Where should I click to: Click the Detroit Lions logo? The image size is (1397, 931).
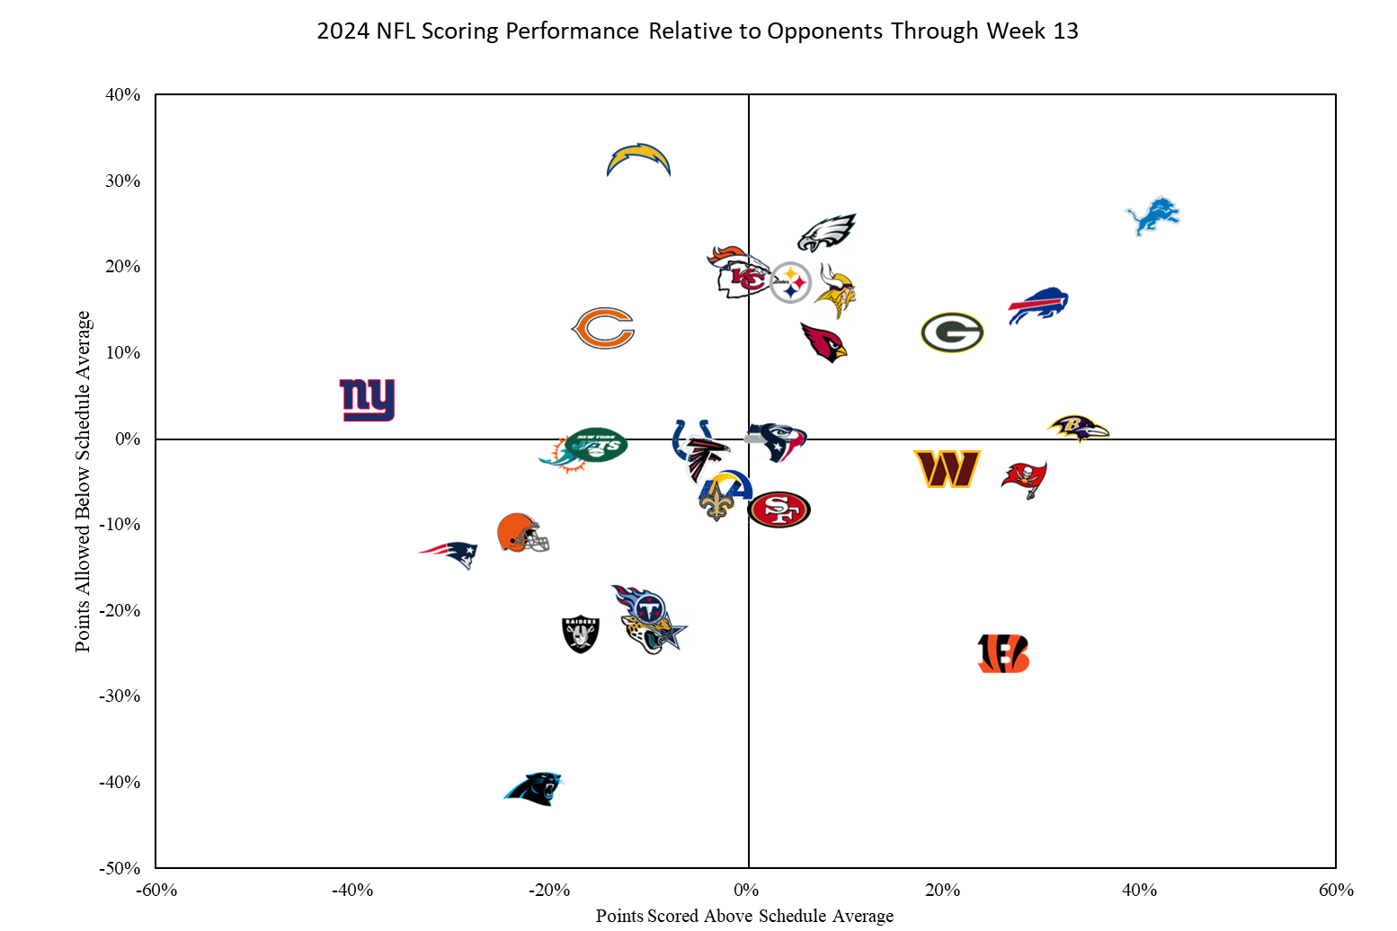(1152, 216)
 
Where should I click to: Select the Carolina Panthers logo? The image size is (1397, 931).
(532, 788)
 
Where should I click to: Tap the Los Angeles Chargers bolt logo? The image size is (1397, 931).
(638, 159)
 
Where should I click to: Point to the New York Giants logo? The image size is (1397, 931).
(367, 399)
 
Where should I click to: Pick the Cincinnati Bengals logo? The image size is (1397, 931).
(1003, 653)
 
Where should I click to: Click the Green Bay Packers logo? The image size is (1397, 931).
(952, 332)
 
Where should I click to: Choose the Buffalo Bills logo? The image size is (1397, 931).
(1037, 306)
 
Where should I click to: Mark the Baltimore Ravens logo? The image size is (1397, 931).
(1078, 429)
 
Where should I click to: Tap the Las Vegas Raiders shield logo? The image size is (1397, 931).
(580, 634)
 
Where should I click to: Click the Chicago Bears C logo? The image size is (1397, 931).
(603, 328)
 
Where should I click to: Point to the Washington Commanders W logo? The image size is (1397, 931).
(947, 469)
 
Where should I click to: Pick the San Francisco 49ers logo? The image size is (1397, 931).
(779, 510)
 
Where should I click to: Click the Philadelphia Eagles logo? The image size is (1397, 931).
(827, 233)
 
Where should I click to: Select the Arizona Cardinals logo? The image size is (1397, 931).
(824, 342)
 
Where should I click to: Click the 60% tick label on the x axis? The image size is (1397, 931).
(1336, 890)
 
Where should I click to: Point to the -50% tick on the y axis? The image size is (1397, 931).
(120, 868)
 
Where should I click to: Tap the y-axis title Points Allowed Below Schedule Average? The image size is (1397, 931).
(83, 481)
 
